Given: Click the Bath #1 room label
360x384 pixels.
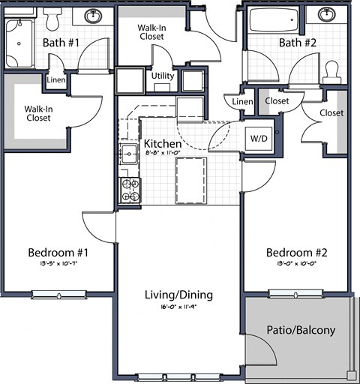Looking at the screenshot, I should click(61, 43).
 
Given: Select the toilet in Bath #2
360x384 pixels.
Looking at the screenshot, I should click(331, 72).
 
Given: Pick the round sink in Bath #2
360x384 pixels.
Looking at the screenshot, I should click(328, 15).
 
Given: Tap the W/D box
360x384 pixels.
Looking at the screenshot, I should click(259, 138).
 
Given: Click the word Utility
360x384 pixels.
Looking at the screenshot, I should click(163, 76).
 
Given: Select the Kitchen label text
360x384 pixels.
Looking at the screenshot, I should click(161, 144).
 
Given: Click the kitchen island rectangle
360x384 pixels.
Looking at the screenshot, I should click(190, 180).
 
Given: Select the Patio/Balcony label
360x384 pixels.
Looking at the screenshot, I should click(301, 330).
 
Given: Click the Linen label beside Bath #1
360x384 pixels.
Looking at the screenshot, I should click(55, 80).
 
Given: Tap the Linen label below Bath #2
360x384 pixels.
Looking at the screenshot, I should click(241, 101).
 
